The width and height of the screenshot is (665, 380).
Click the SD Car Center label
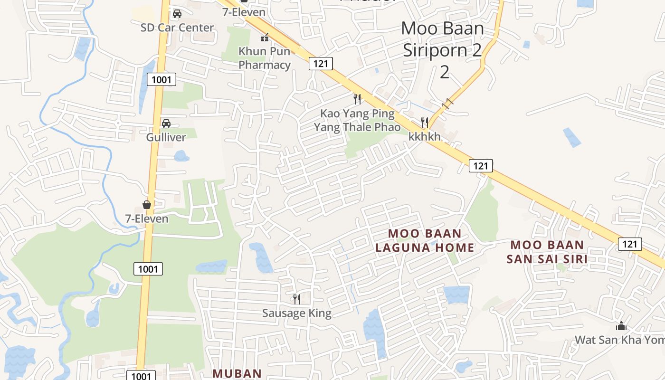(177, 28)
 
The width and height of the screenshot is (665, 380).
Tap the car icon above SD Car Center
(177, 14)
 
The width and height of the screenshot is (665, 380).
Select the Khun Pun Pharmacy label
(265, 57)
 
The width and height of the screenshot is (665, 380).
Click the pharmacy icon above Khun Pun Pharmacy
(265, 37)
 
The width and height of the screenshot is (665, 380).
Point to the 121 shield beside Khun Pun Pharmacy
(321, 63)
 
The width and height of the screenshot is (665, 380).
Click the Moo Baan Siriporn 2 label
(443, 49)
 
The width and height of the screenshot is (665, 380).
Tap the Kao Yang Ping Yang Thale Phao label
(357, 120)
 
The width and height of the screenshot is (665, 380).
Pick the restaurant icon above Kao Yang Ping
(357, 99)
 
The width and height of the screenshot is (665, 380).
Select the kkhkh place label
(425, 136)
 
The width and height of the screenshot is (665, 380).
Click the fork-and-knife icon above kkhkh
(425, 123)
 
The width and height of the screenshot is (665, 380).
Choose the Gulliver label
(166, 137)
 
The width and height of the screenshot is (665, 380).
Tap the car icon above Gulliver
(166, 123)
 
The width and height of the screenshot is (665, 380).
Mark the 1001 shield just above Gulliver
(161, 79)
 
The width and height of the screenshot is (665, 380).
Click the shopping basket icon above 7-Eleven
(147, 205)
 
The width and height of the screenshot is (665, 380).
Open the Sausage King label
(297, 313)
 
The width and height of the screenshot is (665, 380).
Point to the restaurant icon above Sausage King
(297, 299)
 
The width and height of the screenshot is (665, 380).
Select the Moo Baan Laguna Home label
(425, 240)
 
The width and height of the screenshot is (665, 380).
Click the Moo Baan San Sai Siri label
(547, 252)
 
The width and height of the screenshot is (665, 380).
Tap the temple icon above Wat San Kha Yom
(621, 326)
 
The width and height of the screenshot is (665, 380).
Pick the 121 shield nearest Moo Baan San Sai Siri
(629, 244)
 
